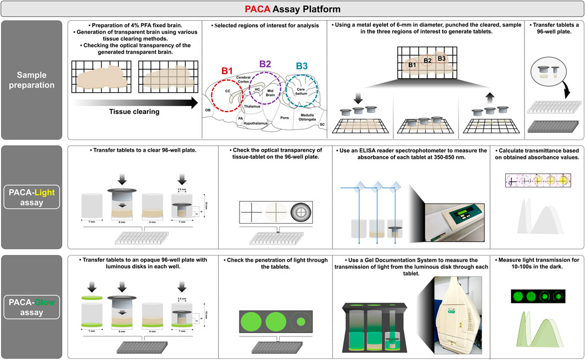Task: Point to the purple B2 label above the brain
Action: point(266,64)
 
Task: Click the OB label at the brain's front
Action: point(208,110)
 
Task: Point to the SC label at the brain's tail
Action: point(322,124)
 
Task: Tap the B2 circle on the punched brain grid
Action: point(427,61)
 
